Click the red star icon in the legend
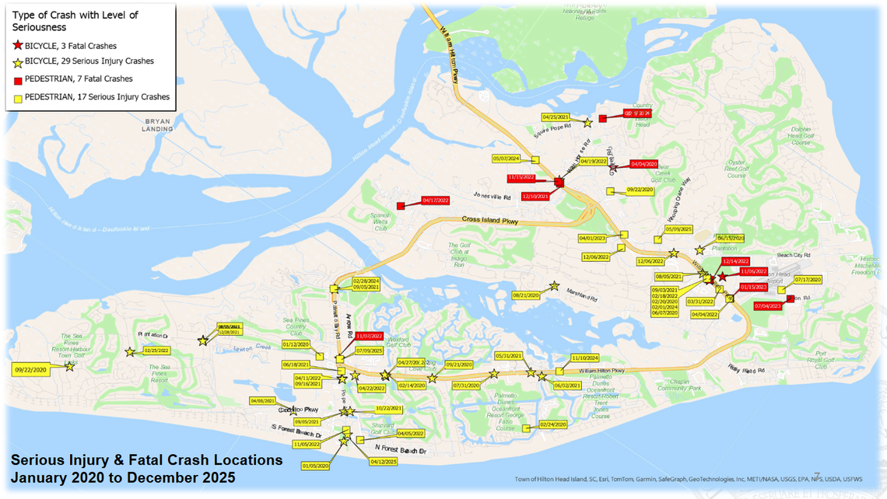(x=17, y=46)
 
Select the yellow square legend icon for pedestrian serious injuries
(x=17, y=98)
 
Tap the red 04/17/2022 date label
(x=435, y=201)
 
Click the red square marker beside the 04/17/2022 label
(x=401, y=206)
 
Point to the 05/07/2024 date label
(x=506, y=159)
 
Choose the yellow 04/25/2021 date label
(x=556, y=117)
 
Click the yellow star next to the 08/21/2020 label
(x=554, y=286)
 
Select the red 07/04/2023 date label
(x=767, y=306)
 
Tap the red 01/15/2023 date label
(x=753, y=288)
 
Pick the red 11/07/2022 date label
(x=370, y=337)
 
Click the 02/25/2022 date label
(x=157, y=351)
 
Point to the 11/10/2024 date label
(x=584, y=358)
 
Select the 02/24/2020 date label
(x=553, y=424)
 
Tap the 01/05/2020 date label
(x=316, y=466)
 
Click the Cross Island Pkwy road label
(x=490, y=220)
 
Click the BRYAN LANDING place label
(x=157, y=125)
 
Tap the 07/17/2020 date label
(x=808, y=280)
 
